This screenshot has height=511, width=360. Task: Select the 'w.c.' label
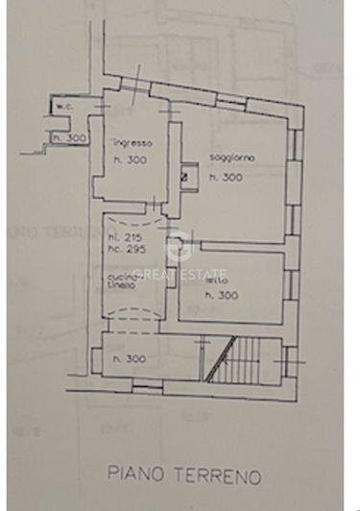64,106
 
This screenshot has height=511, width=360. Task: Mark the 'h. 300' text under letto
223,296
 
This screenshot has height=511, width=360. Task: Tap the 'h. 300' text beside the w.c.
70,137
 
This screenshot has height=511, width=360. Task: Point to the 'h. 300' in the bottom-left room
129,359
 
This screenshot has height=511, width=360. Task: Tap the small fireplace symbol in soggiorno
185,176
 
